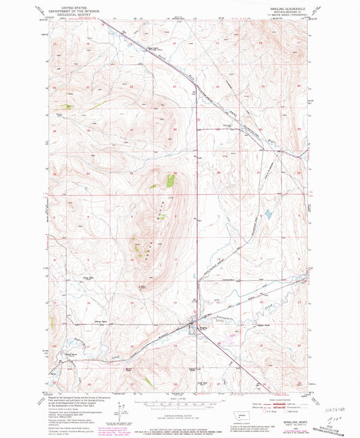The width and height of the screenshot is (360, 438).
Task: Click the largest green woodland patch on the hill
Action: (170, 180)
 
